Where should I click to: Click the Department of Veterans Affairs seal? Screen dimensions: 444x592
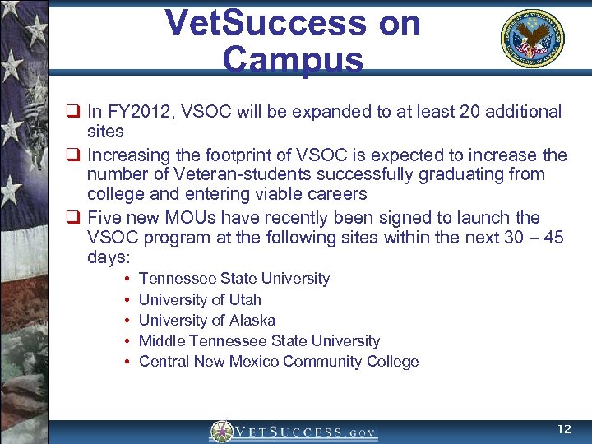[x=533, y=39]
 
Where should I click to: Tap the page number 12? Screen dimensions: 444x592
[x=564, y=429]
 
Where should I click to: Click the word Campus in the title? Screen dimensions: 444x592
[x=293, y=59]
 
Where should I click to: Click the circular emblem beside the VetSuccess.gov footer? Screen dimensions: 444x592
[x=222, y=432]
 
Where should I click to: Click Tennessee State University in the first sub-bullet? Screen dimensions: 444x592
[x=234, y=279]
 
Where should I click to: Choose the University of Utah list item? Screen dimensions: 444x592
[x=200, y=299]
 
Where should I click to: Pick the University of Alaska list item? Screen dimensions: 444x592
[x=207, y=320]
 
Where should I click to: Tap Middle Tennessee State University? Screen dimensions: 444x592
[x=259, y=340]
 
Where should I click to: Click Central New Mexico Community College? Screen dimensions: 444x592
[x=279, y=361]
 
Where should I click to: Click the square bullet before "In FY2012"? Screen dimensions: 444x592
[x=74, y=112]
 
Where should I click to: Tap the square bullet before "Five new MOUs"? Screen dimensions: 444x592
[x=74, y=218]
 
